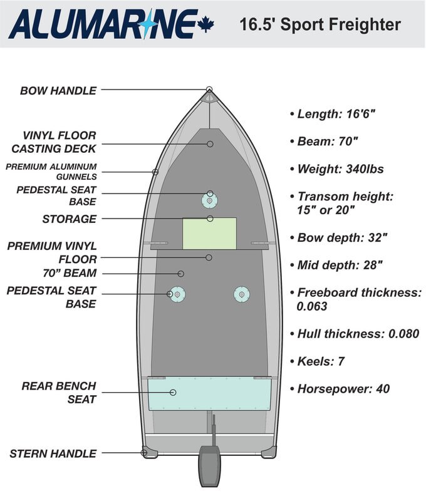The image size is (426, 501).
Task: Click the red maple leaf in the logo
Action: coord(205,24)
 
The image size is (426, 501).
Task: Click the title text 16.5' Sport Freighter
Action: coord(319,24)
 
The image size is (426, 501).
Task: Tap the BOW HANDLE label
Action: coord(58,91)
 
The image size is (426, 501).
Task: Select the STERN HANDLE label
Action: coord(53,453)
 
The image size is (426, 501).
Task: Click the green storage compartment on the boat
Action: coord(209,233)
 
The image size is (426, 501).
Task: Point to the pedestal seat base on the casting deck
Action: coord(209,200)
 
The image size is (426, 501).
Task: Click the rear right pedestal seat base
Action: coord(242,294)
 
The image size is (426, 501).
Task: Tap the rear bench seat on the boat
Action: coord(209,393)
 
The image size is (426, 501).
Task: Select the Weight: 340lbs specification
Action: coord(341,169)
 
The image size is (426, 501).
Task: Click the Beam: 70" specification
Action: coord(328,142)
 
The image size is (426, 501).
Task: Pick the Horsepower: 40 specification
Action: coord(343,389)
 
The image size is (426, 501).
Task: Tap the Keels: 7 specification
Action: coord(321,361)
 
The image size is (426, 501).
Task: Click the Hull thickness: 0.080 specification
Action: coord(358,334)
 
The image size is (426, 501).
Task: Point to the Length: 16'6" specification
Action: coord(336,114)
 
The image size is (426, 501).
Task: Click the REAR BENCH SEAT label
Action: coord(60,392)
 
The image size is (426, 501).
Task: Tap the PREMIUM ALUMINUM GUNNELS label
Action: coord(52,172)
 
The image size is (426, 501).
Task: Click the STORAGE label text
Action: coord(70,219)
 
